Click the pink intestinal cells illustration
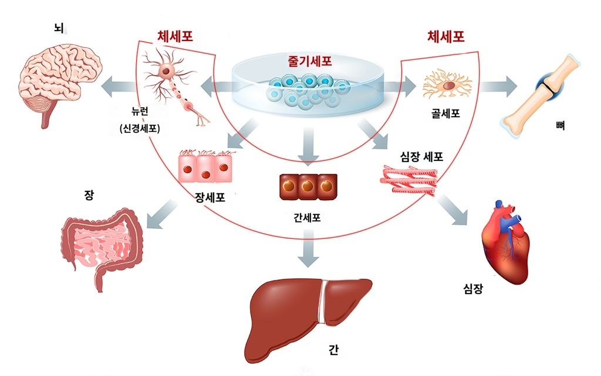205,169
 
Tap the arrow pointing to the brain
120,87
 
